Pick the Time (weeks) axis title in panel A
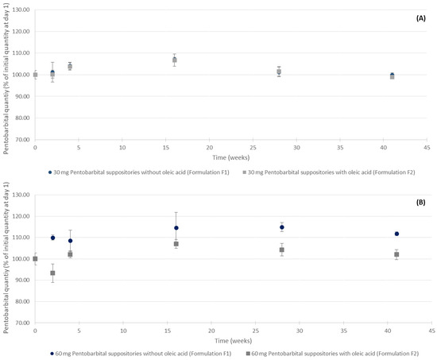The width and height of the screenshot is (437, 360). click(230, 157)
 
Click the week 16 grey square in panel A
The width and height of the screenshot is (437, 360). click(175, 60)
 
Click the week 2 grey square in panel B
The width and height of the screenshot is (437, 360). click(52, 273)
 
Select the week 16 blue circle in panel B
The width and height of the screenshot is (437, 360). click(176, 228)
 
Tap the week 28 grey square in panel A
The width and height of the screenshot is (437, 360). click(279, 72)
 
